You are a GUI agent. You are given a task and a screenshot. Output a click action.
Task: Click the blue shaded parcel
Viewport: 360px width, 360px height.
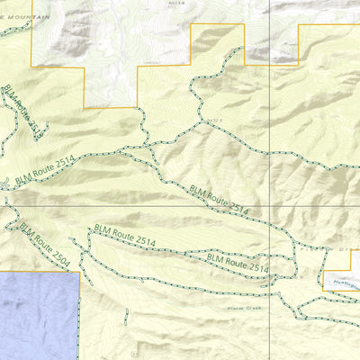click(x=36, y=315)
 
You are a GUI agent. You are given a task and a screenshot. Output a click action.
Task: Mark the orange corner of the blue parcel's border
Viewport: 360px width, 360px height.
click(x=79, y=273)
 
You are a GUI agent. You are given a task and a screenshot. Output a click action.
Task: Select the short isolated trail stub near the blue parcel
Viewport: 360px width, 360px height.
click(x=128, y=316)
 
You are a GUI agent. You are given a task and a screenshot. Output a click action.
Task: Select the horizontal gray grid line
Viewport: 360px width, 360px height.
click(x=135, y=209)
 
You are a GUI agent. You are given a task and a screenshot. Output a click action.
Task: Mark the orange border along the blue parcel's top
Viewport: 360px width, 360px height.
click(x=40, y=273)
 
